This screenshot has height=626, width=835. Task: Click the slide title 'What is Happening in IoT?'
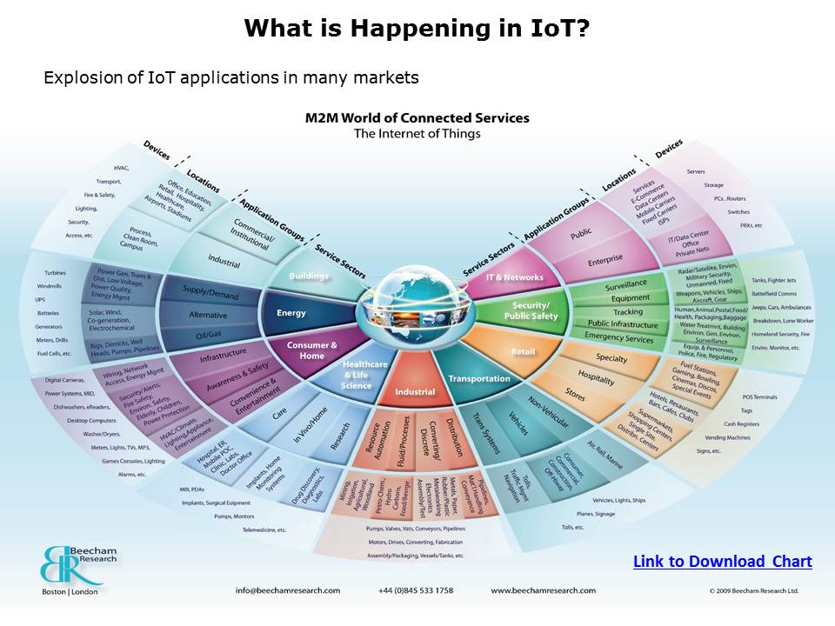click(417, 29)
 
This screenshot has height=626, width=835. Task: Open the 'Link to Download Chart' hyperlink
click(722, 562)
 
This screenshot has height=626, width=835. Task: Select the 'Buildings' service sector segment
click(310, 276)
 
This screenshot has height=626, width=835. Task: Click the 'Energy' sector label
click(291, 313)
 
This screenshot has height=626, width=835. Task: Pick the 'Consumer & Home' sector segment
click(312, 350)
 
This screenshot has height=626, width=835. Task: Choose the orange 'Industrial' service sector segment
click(415, 392)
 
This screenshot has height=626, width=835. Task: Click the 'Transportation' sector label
click(478, 379)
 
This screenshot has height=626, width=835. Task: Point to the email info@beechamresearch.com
click(288, 590)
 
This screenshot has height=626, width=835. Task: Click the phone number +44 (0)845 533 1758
click(416, 590)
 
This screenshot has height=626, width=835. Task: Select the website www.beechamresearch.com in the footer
click(544, 590)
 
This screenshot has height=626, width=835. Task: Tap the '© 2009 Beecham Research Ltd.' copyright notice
click(753, 590)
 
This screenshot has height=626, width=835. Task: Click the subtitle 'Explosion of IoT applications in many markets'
click(231, 78)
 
